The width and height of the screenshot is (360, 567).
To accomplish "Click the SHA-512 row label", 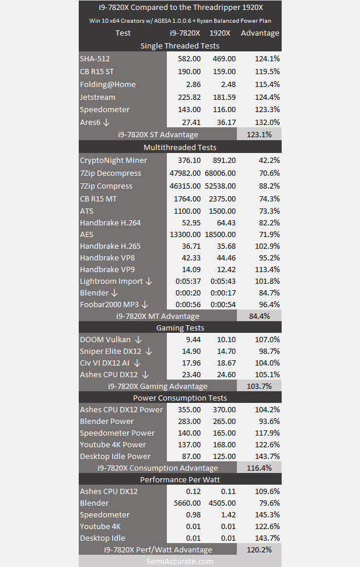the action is [x=95, y=58].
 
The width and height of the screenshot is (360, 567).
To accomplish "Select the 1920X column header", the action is [x=220, y=33].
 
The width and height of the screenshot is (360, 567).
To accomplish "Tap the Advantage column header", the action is [x=260, y=33].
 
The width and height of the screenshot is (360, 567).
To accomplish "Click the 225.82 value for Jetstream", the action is [x=189, y=97].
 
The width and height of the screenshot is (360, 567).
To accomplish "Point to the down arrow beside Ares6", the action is [x=106, y=122].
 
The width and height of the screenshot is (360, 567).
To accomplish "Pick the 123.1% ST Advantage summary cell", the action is [x=259, y=134].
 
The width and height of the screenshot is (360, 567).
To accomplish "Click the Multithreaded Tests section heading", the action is [x=180, y=147].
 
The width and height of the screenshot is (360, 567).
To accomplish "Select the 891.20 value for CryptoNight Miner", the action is [x=224, y=160].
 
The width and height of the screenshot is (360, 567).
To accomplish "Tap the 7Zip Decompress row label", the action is [x=111, y=173].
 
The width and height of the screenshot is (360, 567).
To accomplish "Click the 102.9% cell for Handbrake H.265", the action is [x=267, y=246].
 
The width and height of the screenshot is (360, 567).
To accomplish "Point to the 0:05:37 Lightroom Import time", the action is [x=188, y=281].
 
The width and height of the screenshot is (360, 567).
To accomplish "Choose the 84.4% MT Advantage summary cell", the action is [x=260, y=316].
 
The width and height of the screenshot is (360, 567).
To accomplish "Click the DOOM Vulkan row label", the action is [x=105, y=339].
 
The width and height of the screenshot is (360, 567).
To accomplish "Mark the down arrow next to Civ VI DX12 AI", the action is [x=137, y=363].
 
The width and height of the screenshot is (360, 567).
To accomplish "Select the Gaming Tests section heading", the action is [x=180, y=328].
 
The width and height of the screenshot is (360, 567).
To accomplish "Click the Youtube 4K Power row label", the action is [x=113, y=444].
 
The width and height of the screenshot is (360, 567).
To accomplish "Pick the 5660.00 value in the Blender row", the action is [x=187, y=503].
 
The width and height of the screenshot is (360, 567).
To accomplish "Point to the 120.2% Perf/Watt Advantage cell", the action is [x=259, y=549].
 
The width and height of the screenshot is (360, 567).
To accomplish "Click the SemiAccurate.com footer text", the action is [x=180, y=562].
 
